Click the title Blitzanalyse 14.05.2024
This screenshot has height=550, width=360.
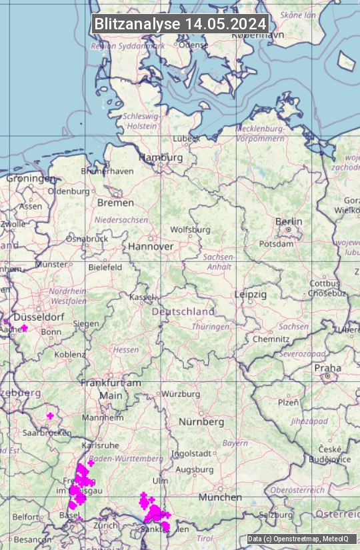click(x=180, y=24)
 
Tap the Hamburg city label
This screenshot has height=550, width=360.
click(x=161, y=158)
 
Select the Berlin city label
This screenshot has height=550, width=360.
click(x=289, y=221)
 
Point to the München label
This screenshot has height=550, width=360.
click(x=219, y=497)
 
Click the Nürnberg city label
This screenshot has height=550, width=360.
click(x=201, y=422)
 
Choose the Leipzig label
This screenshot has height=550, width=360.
click(x=251, y=294)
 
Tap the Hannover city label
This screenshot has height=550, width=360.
click(x=151, y=246)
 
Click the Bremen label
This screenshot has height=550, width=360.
click(x=115, y=202)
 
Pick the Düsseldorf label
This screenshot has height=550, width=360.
click(x=39, y=317)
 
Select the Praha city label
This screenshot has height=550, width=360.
click(x=327, y=368)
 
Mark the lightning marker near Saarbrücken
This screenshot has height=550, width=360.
click(x=50, y=416)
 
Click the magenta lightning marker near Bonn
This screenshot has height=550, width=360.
click(x=25, y=328)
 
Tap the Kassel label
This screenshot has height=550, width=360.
click(x=141, y=297)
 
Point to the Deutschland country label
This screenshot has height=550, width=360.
click(x=183, y=311)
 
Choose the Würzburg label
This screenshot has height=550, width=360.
click(x=181, y=394)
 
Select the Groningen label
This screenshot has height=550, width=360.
click(x=31, y=179)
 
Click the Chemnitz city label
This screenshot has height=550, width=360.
click(x=271, y=339)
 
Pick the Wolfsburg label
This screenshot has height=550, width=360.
click(x=190, y=230)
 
